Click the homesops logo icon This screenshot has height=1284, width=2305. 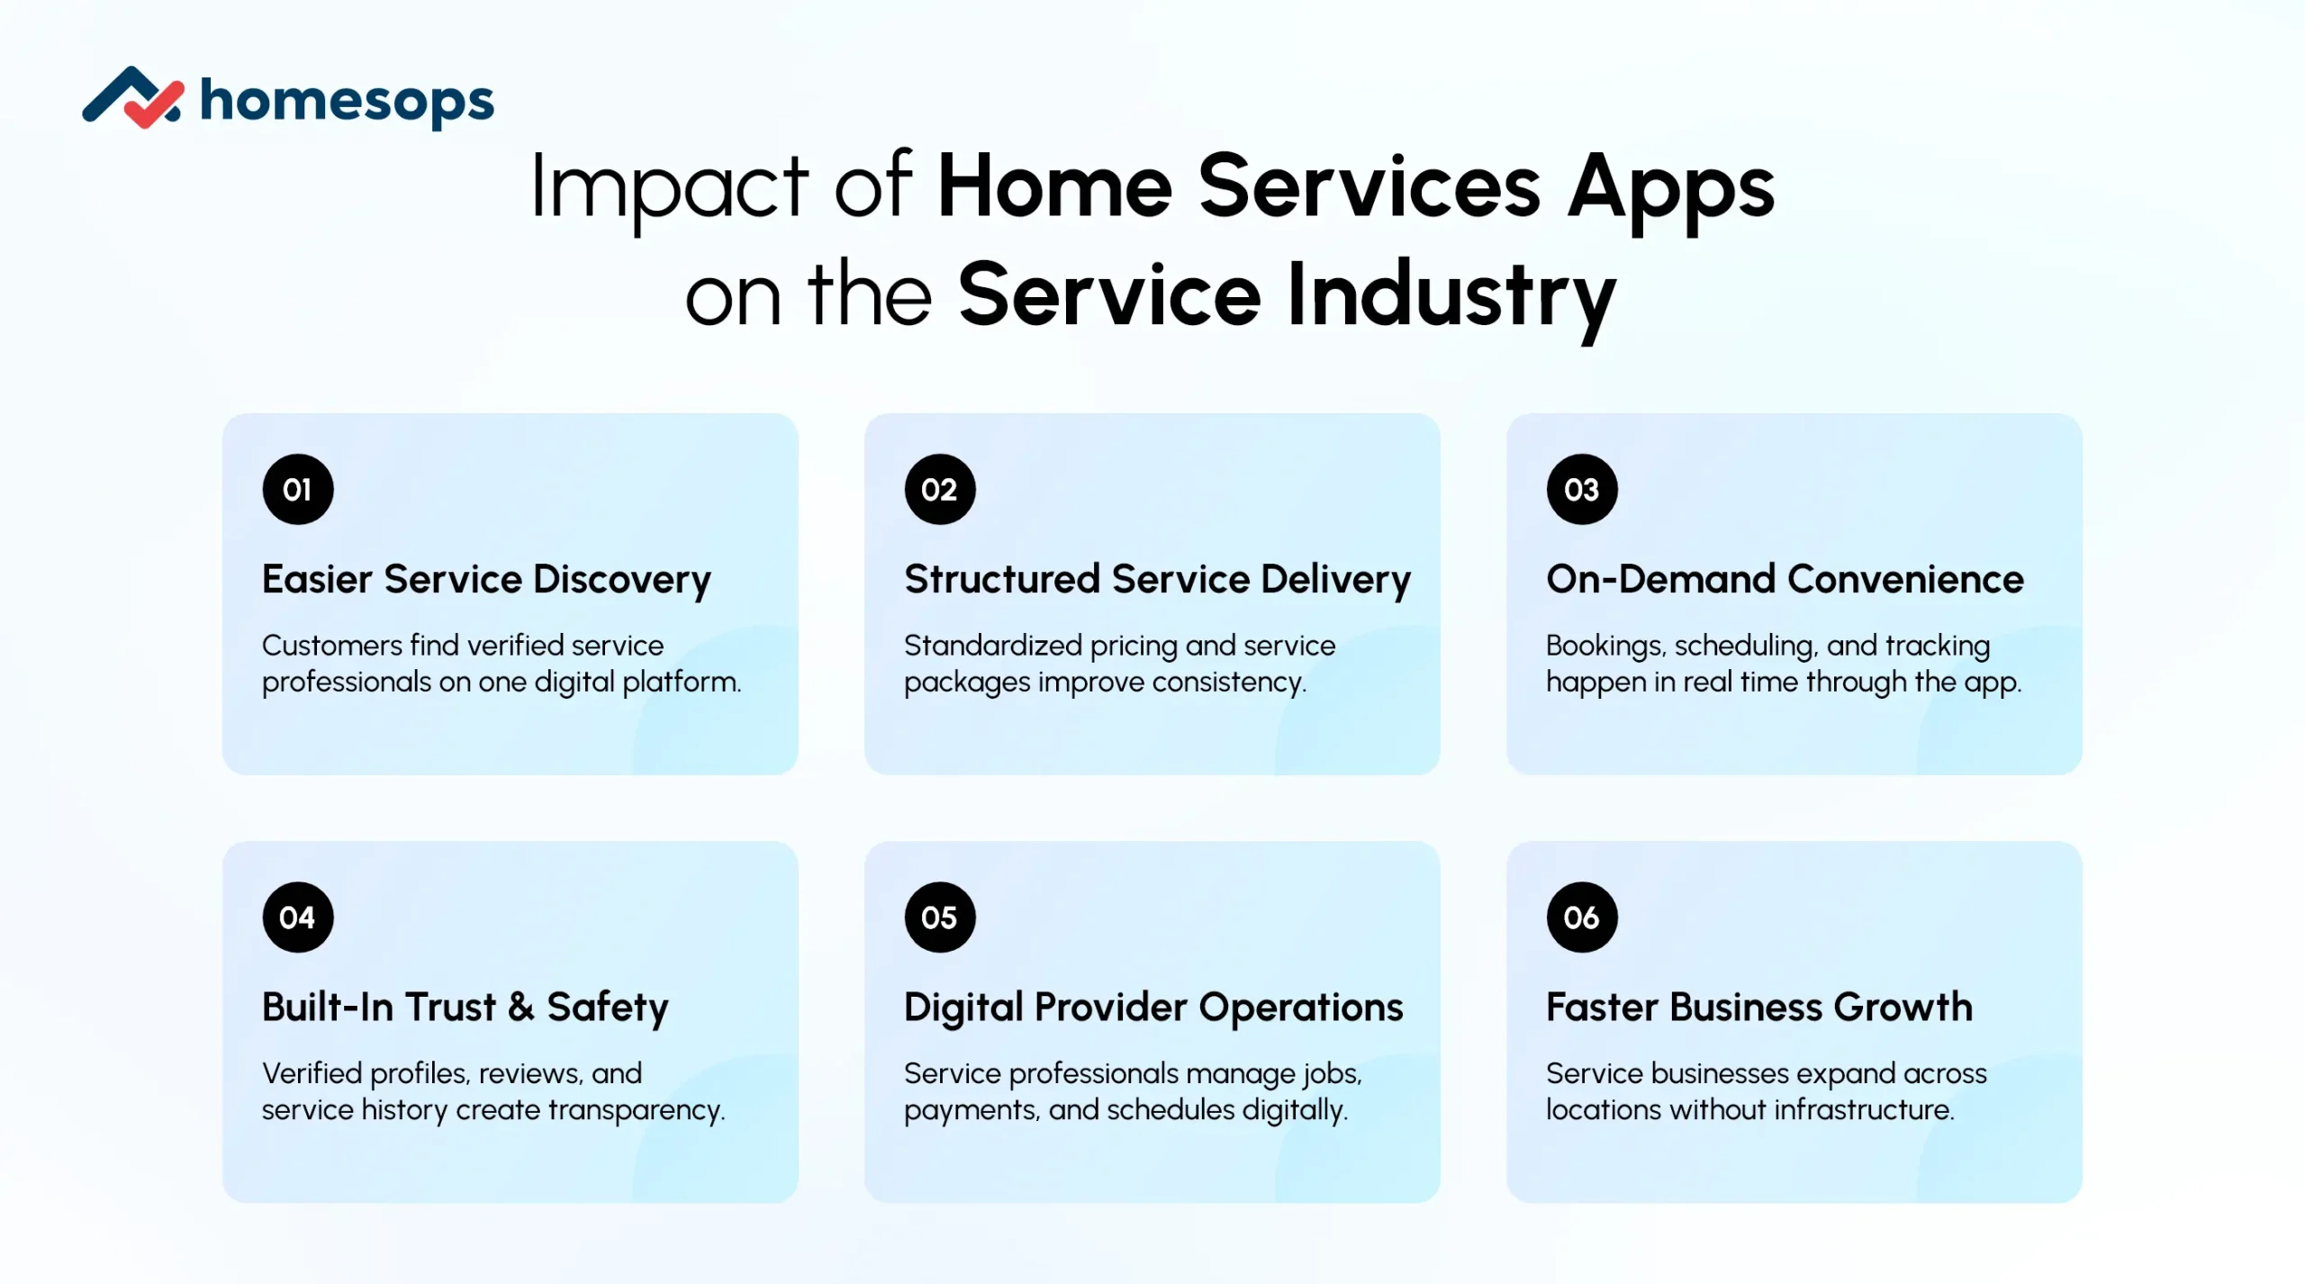(133, 98)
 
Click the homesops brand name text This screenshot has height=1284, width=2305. (347, 101)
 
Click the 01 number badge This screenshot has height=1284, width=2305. (298, 490)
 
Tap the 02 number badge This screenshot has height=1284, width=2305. (940, 490)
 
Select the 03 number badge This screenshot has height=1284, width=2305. (1582, 490)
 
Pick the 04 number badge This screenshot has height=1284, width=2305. (298, 918)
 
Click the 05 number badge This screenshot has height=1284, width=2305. (940, 918)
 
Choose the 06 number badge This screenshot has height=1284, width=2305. (1582, 918)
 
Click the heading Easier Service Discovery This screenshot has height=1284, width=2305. (486, 580)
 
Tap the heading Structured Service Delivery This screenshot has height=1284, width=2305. (1157, 580)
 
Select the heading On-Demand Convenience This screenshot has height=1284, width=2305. (1785, 579)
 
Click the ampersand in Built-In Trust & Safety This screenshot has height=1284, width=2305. (520, 1008)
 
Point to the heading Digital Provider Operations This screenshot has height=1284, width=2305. (1153, 1008)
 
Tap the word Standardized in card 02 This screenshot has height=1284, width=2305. (993, 646)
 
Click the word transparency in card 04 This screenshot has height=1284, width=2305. (636, 1111)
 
